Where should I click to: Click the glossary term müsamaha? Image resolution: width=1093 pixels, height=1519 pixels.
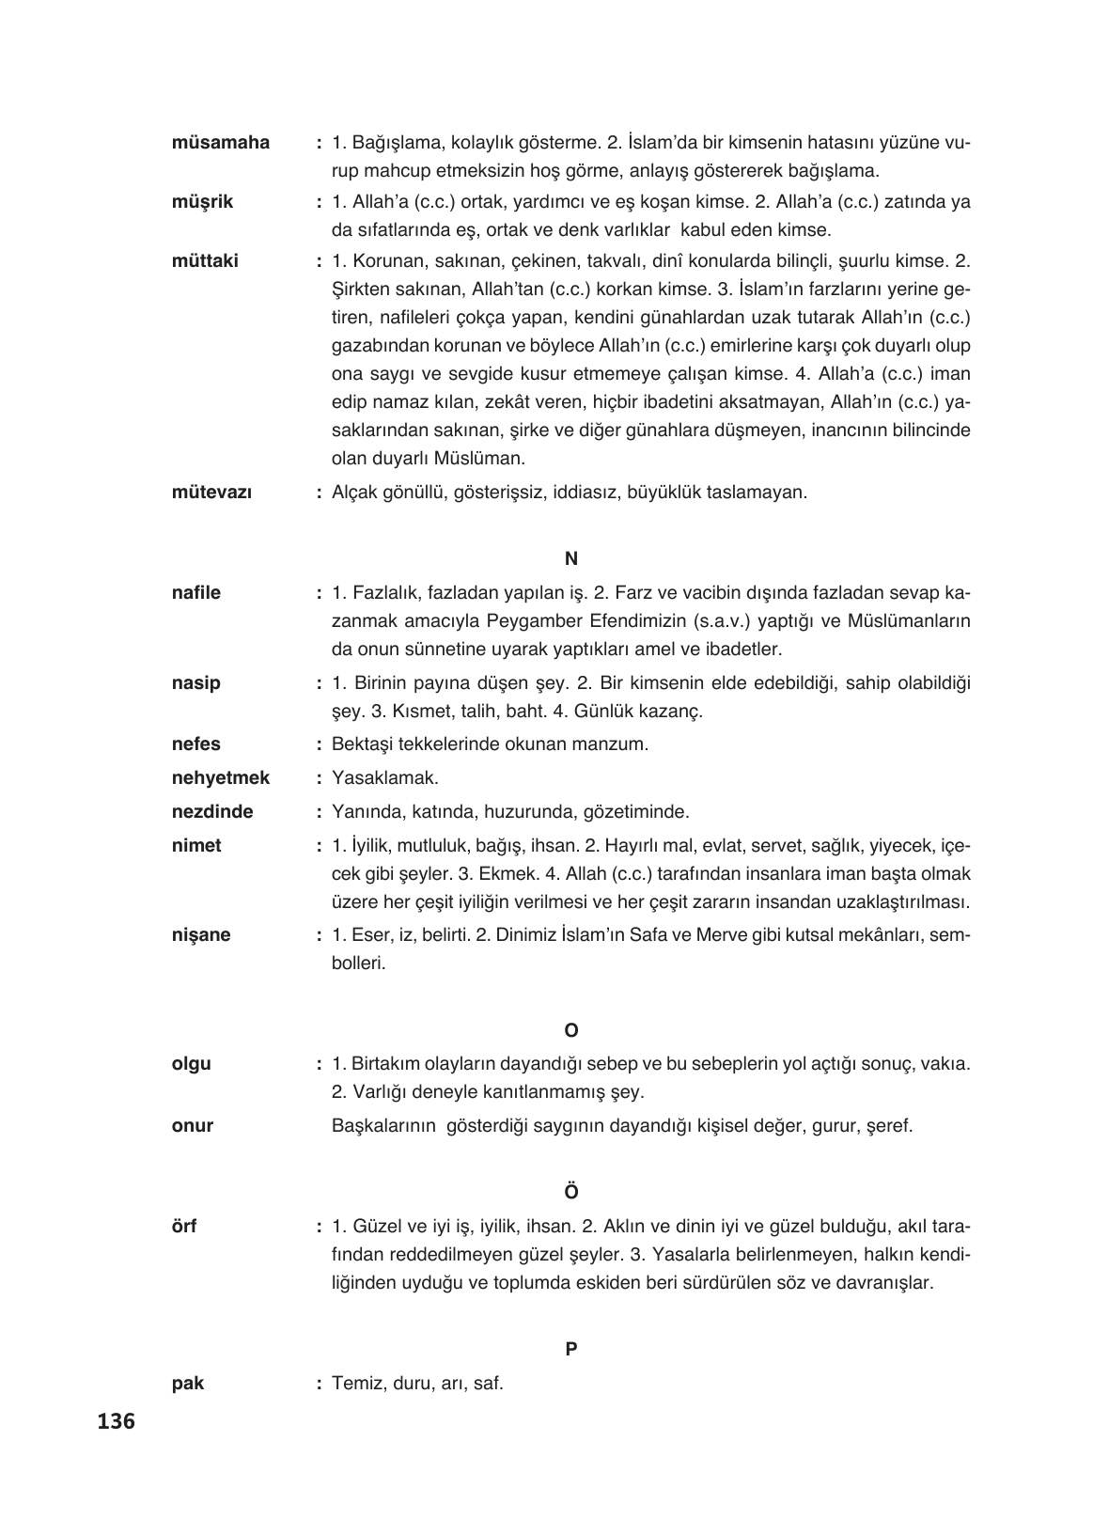pyautogui.click(x=221, y=143)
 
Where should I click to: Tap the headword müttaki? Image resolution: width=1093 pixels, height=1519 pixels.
pyautogui.click(x=206, y=261)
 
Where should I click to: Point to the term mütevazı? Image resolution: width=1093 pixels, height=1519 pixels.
pyautogui.click(x=211, y=492)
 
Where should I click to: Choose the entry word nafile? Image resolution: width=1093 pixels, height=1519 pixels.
pyautogui.click(x=196, y=593)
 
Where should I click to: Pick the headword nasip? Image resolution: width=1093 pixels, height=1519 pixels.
pyautogui.click(x=196, y=683)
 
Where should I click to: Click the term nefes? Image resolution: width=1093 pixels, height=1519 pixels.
pyautogui.click(x=196, y=744)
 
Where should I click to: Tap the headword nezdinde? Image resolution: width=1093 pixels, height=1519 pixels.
pyautogui.click(x=212, y=812)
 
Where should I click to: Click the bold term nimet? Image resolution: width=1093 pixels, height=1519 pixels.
pyautogui.click(x=197, y=846)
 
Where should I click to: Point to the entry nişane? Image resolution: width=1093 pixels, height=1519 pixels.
pyautogui.click(x=201, y=935)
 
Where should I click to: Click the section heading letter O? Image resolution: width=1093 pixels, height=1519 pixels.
pyautogui.click(x=570, y=1031)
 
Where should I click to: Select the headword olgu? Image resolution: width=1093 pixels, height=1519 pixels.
pyautogui.click(x=192, y=1064)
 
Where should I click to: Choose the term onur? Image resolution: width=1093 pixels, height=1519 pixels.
pyautogui.click(x=193, y=1126)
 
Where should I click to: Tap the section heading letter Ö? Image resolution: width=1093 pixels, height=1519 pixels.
pyautogui.click(x=570, y=1192)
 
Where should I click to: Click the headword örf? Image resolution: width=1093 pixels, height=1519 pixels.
pyautogui.click(x=184, y=1227)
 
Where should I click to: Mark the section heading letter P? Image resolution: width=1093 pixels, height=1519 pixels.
pyautogui.click(x=570, y=1349)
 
